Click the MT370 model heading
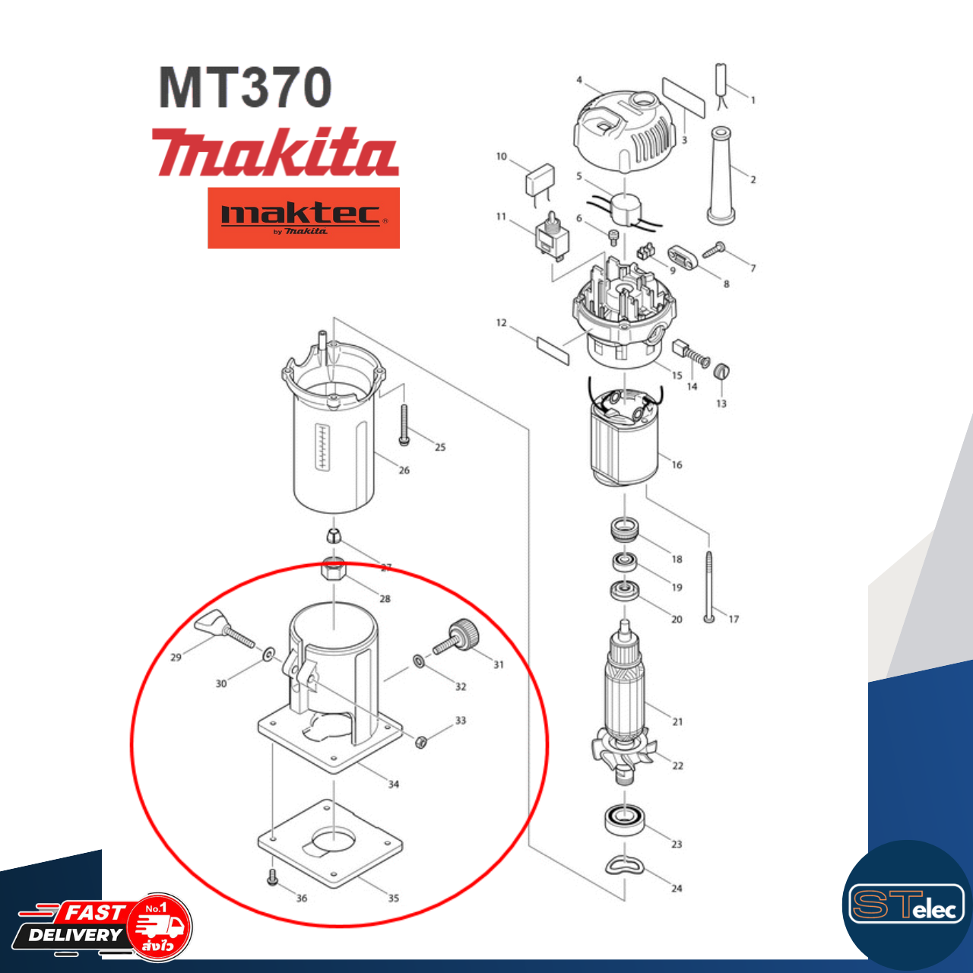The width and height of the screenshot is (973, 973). [x=245, y=88]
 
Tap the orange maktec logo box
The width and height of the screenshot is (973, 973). [x=303, y=217]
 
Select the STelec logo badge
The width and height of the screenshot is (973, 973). [x=906, y=905]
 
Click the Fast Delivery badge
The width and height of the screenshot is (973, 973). [x=103, y=926]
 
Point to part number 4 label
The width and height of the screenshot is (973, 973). [x=579, y=80]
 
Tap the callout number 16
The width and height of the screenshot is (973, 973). [x=677, y=464]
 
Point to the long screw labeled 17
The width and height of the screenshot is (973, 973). [x=709, y=585]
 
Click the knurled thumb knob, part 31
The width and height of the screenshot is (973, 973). [x=459, y=635]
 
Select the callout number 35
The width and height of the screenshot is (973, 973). [x=394, y=898]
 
